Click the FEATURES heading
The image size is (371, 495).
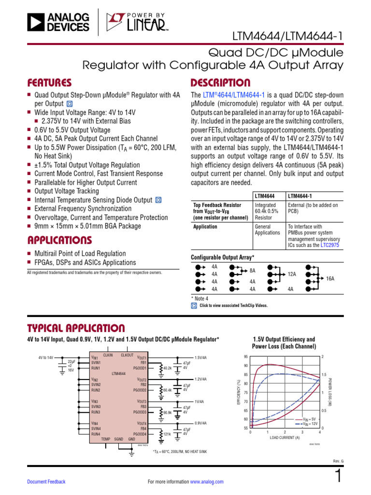point(49,83)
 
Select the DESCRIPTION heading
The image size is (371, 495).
point(221,83)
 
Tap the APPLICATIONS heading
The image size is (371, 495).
point(59,240)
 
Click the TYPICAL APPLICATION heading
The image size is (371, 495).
point(76,328)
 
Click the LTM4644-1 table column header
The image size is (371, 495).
point(300,196)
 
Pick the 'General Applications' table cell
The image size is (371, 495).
point(267,230)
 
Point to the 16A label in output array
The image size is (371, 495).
point(330,279)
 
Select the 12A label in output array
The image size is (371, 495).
point(292,274)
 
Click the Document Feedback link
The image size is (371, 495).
point(46,481)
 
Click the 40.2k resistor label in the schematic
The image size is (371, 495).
point(168,368)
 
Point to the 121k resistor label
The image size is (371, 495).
point(167,435)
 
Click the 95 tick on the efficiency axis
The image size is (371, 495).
point(245,357)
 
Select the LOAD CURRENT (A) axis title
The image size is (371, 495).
point(285,437)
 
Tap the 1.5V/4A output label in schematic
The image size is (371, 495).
point(200,358)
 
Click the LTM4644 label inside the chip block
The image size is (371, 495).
point(119,373)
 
